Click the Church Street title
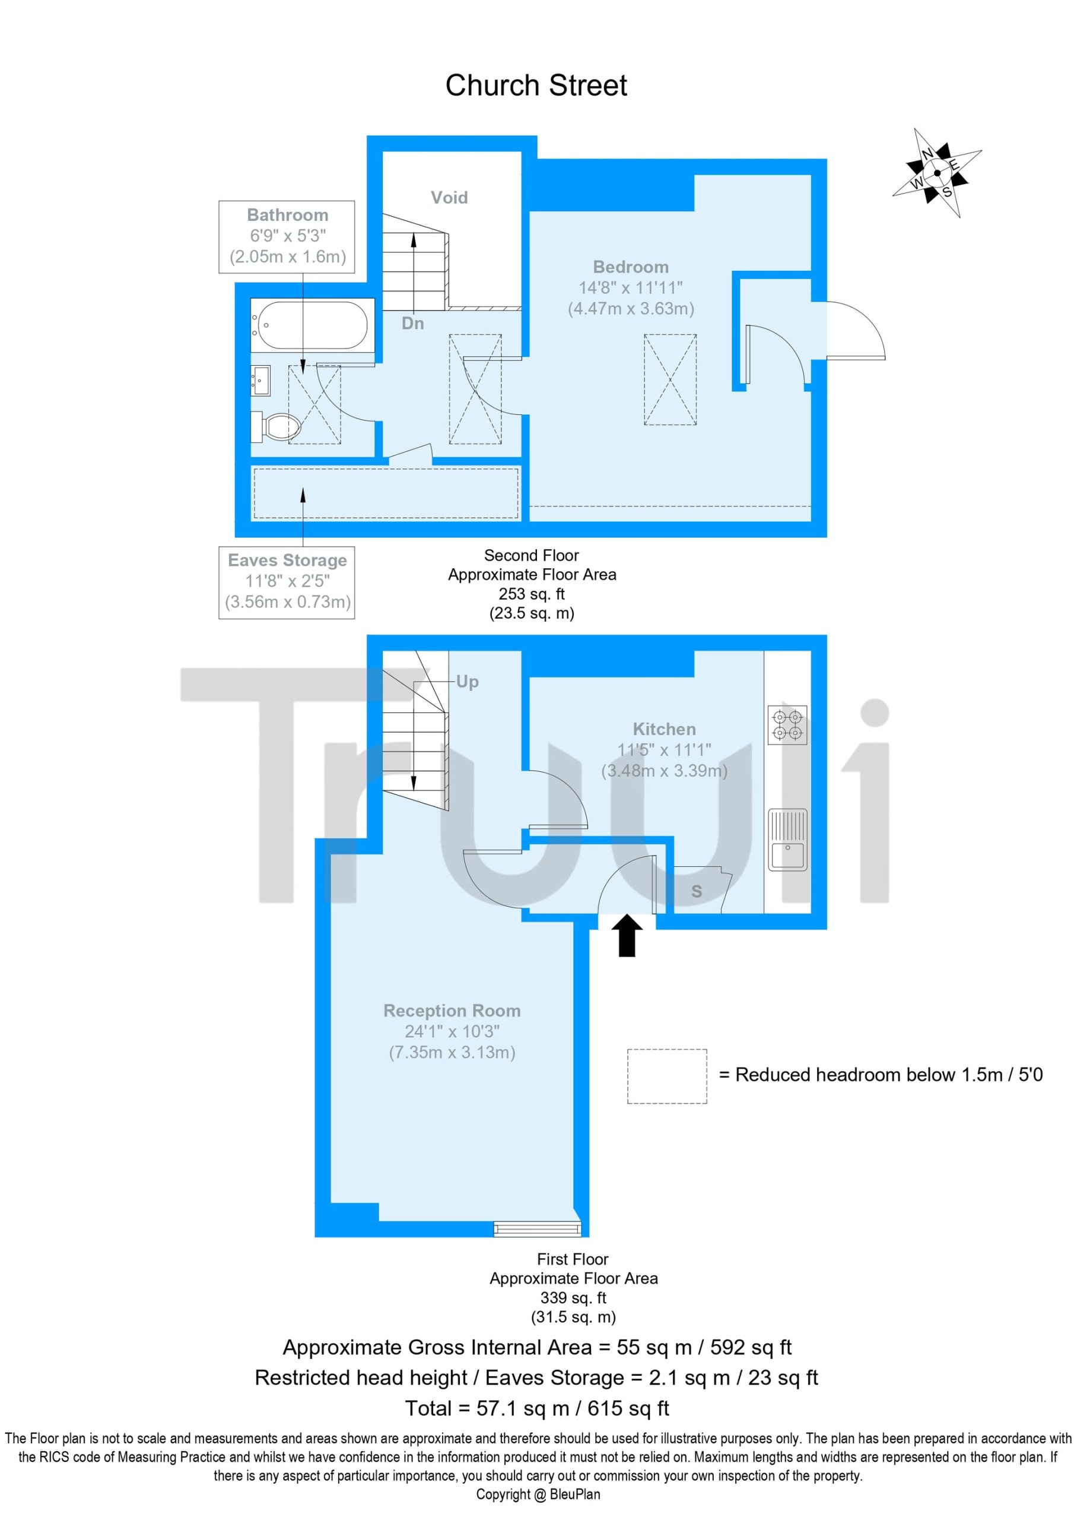536,85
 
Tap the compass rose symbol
936,173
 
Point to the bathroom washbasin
260,380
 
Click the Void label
449,197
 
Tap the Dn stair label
412,323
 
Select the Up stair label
467,682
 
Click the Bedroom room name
631,267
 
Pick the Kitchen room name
665,729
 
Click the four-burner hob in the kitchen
787,726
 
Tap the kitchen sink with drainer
787,840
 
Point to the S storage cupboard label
696,892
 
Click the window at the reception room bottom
538,1230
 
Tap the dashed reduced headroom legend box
667,1076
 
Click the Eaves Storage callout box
287,582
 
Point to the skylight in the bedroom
671,379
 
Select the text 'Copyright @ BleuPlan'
538,1494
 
